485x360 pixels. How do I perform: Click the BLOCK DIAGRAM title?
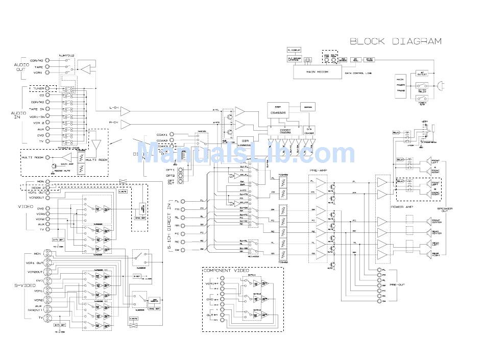(395, 41)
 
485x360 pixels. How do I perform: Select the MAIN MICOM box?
(317, 72)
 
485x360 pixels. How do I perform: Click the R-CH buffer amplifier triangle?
(125, 124)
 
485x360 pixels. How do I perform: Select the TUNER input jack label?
(38, 88)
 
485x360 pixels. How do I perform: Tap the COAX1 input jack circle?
(172, 134)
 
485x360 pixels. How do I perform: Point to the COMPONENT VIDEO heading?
(225, 270)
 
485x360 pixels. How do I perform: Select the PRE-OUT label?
(397, 285)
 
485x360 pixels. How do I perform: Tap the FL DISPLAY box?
(294, 50)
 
